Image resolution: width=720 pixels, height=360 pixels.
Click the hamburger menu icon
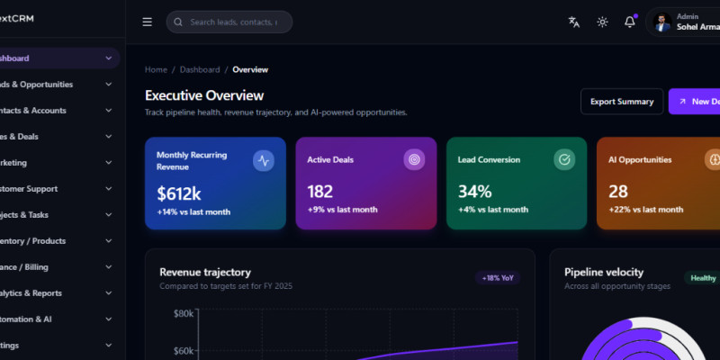point(148,22)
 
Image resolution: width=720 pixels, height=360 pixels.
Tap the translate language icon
point(574,22)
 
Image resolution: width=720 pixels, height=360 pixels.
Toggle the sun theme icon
point(602,22)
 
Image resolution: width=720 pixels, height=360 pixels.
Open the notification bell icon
point(630,22)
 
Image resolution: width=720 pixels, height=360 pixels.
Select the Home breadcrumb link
point(156,69)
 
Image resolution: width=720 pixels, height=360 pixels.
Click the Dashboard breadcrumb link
point(199,69)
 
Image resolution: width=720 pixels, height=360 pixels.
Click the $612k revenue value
point(178,192)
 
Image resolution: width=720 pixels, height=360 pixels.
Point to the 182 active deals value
point(319,192)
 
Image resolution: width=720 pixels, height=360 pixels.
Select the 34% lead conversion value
point(474,192)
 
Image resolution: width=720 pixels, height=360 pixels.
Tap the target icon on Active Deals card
point(414,160)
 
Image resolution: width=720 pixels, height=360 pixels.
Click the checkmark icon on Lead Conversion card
point(564,160)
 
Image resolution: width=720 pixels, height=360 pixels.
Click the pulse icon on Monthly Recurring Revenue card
point(264,160)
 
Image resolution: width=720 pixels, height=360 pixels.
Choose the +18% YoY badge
point(498,278)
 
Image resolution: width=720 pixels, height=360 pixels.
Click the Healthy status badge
point(703,278)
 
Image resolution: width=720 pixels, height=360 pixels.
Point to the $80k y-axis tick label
point(184,313)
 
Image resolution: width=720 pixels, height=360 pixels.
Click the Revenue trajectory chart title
point(204,272)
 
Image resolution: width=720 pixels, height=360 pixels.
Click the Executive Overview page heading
point(204,95)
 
